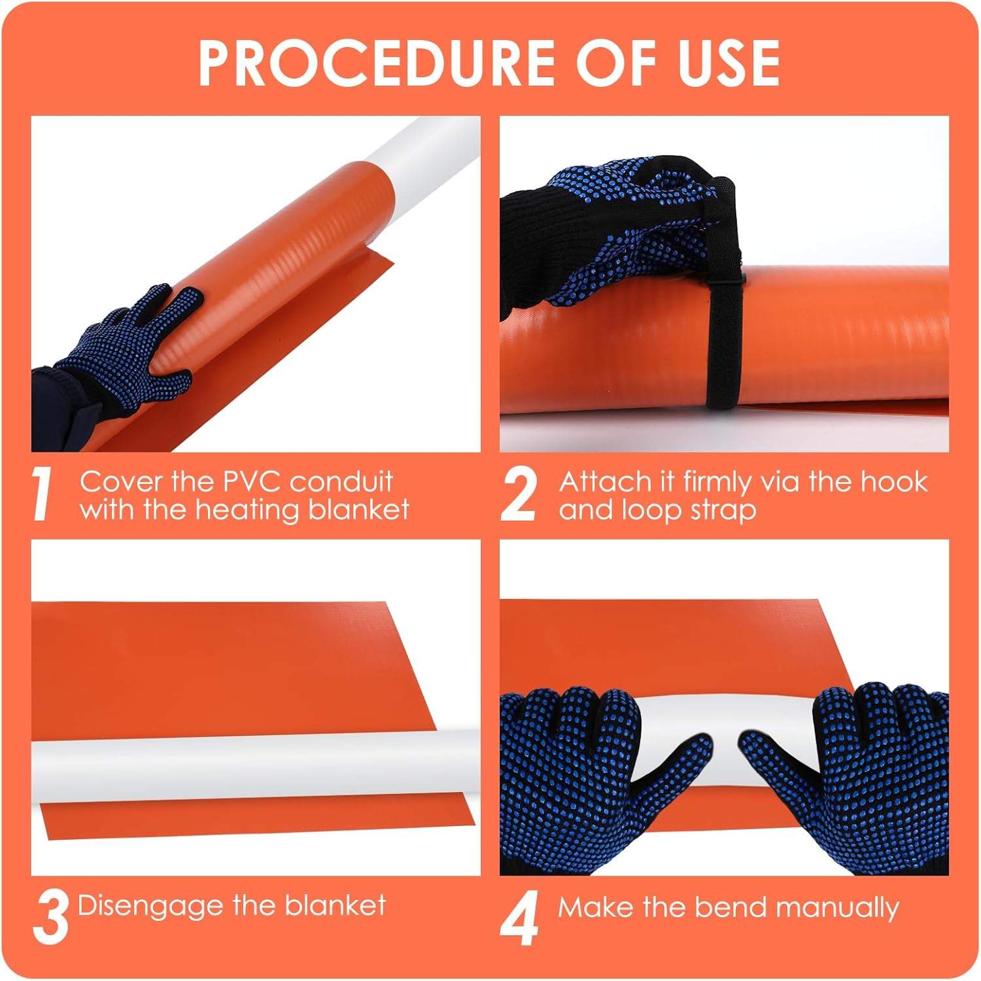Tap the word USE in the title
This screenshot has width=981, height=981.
coord(729,63)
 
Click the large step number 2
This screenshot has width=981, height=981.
coord(518,495)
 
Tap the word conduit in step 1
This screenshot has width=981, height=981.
coord(341,482)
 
